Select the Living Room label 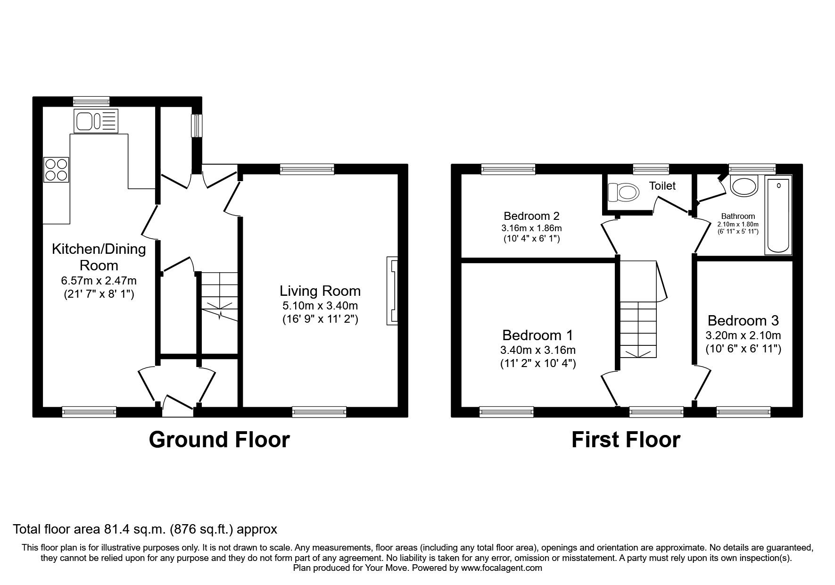pyautogui.click(x=320, y=291)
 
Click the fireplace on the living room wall pyautogui.click(x=392, y=291)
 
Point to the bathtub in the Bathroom pyautogui.click(x=778, y=215)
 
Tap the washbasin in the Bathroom pyautogui.click(x=744, y=185)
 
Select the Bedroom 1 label pyautogui.click(x=537, y=335)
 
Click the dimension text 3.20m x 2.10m pyautogui.click(x=743, y=336)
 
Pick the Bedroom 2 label pyautogui.click(x=531, y=216)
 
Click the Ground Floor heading pyautogui.click(x=219, y=440)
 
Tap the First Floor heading pyautogui.click(x=626, y=440)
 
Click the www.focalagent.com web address pyautogui.click(x=501, y=568)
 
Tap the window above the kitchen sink pyautogui.click(x=91, y=100)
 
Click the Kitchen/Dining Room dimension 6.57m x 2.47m pyautogui.click(x=99, y=281)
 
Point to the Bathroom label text pyautogui.click(x=738, y=216)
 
